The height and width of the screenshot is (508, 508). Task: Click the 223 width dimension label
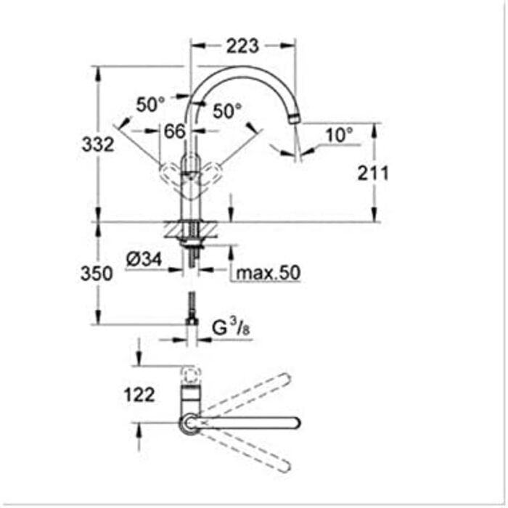(242, 46)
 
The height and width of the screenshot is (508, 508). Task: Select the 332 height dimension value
(98, 144)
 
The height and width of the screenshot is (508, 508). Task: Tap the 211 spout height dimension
(373, 173)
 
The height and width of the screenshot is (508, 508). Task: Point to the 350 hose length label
(97, 274)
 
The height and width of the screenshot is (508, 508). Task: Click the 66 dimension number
(175, 131)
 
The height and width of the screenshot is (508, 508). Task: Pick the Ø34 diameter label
(144, 260)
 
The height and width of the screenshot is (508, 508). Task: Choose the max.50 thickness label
(269, 273)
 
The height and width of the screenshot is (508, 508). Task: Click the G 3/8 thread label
(231, 328)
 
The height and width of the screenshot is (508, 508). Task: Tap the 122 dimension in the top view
(139, 395)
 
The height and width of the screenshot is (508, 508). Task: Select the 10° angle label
(339, 135)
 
